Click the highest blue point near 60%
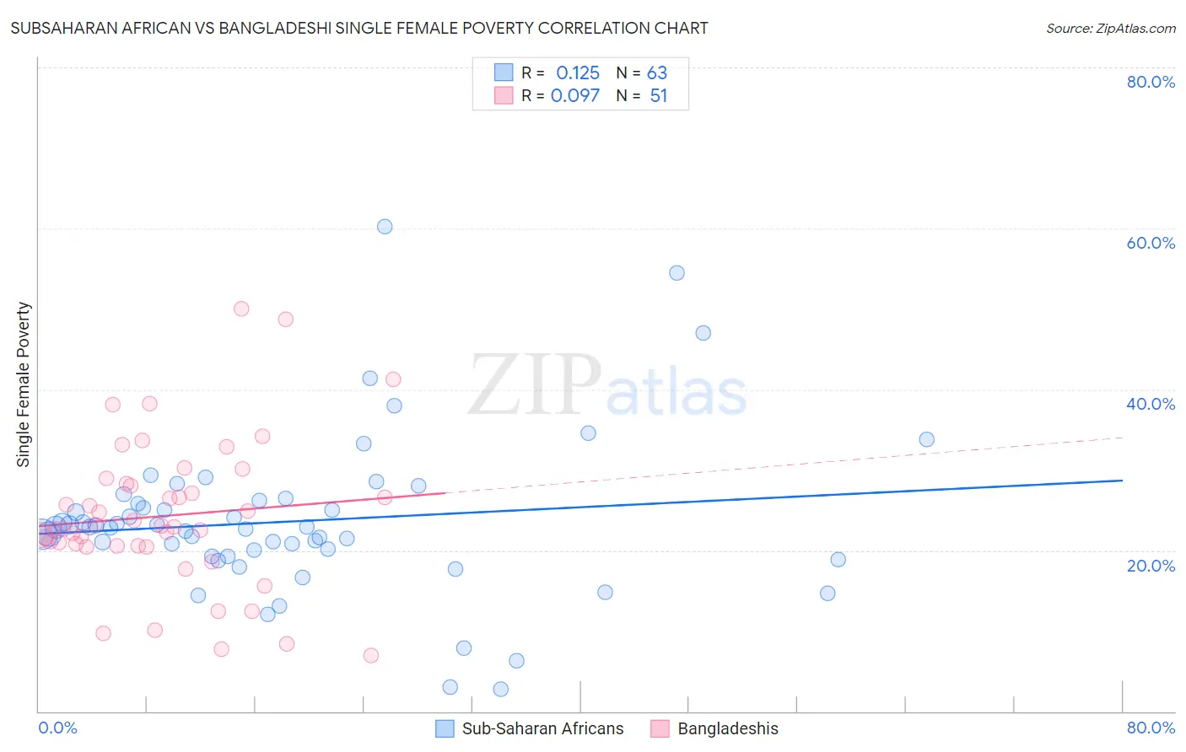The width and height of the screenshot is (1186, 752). tap(385, 226)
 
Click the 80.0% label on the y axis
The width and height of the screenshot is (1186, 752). tap(1151, 82)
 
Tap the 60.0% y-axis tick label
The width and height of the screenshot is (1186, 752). tap(1151, 243)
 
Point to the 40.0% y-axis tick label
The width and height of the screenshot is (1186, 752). tap(1151, 404)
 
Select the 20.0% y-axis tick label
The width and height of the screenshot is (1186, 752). tap(1151, 565)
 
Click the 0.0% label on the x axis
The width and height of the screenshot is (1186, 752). tap(57, 728)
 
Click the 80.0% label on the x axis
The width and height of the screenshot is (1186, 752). tap(1151, 728)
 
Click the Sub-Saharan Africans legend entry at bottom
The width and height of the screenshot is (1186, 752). tap(542, 728)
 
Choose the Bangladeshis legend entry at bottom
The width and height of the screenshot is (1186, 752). tap(727, 728)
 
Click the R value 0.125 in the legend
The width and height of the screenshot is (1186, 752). tap(578, 73)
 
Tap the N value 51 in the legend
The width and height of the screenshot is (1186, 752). tap(659, 96)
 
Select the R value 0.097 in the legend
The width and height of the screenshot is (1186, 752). tap(575, 96)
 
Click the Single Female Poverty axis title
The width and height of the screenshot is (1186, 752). tap(24, 384)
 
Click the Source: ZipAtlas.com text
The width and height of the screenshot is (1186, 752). tap(1110, 28)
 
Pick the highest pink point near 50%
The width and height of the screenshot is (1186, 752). tap(241, 309)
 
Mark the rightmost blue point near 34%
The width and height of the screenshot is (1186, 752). tap(926, 439)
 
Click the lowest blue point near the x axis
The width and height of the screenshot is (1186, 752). tap(500, 689)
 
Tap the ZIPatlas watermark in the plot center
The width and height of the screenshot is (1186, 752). tap(607, 387)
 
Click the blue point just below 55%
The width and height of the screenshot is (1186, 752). tap(677, 272)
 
